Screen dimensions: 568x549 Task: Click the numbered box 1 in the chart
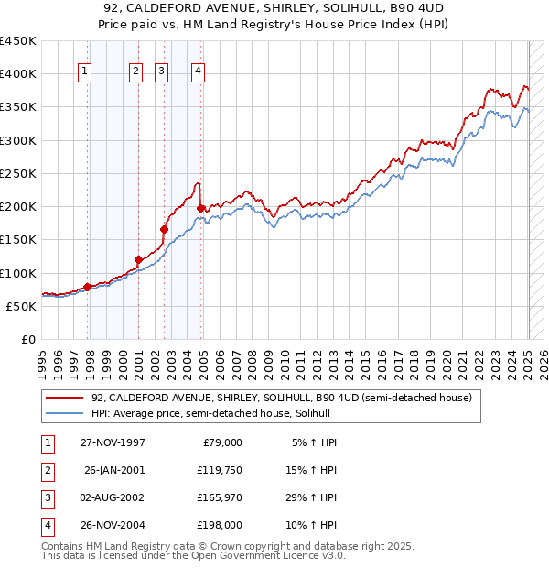tap(85, 72)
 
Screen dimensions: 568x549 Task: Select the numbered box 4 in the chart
tap(198, 72)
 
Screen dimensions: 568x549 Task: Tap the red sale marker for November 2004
tap(200, 209)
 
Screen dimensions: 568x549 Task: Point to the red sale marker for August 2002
tap(164, 230)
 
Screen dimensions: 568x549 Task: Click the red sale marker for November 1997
tap(88, 287)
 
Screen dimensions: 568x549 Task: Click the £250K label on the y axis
tap(17, 173)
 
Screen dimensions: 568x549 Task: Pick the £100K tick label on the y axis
tap(17, 273)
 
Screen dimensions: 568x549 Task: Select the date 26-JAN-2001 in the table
tap(114, 470)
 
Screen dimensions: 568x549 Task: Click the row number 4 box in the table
tap(47, 525)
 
